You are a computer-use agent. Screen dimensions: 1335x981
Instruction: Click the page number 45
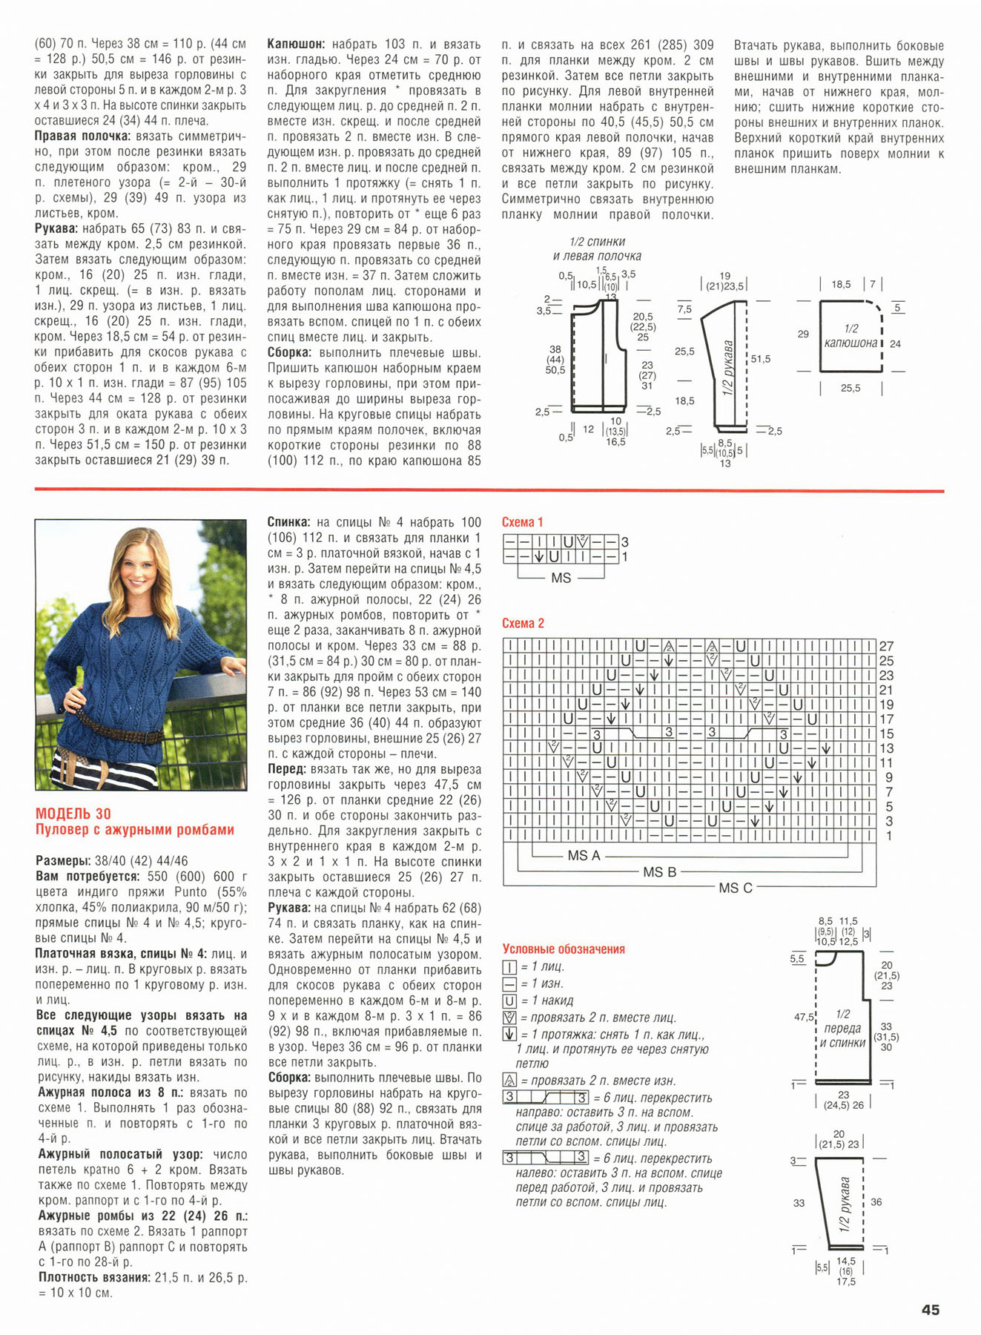tap(931, 1310)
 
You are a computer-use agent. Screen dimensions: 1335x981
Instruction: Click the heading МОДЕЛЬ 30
tap(73, 814)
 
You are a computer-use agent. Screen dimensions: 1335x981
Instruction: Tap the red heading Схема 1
tap(523, 522)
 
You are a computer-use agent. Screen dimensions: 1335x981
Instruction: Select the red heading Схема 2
tap(523, 623)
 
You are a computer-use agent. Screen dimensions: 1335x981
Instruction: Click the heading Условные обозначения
tap(564, 949)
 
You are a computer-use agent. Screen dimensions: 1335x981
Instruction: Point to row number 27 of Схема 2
tap(886, 646)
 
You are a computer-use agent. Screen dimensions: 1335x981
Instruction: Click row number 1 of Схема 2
tap(889, 836)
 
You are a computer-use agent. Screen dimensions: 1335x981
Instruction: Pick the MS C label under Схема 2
tap(735, 888)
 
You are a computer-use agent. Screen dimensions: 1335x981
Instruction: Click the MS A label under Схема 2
tap(584, 855)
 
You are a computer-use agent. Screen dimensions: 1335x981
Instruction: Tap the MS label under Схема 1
tap(561, 577)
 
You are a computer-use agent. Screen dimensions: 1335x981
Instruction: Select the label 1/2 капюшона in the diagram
tap(850, 336)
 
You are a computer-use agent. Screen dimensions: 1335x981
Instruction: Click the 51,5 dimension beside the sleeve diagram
tap(760, 359)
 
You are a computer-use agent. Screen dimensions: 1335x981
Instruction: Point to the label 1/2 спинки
tap(598, 242)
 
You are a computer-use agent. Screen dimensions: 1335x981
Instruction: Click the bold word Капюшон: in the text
tap(295, 44)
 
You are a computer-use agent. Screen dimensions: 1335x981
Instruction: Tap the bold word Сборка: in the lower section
tap(290, 1078)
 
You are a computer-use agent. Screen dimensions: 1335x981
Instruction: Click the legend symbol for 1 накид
tap(509, 1001)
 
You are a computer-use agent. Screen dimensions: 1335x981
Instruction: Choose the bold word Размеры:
tap(63, 860)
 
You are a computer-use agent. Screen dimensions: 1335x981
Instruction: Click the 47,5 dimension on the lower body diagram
tap(804, 1018)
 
